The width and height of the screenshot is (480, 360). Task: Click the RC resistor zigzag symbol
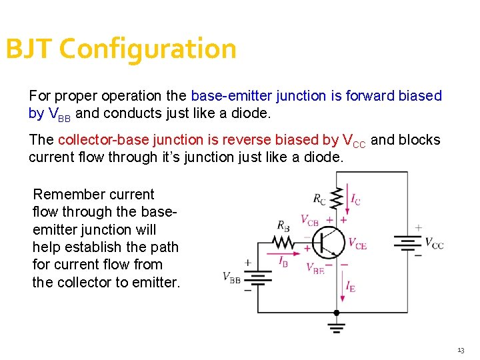336,197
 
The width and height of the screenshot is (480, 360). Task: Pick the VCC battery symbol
407,243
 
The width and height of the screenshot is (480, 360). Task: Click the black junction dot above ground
336,313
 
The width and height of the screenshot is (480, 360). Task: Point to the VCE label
357,244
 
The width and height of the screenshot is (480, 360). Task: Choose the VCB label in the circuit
309,219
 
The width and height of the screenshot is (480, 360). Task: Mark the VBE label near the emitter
315,268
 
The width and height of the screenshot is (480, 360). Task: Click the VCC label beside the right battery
434,243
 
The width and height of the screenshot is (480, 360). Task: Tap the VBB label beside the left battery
231,278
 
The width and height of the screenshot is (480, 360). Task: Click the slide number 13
461,350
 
